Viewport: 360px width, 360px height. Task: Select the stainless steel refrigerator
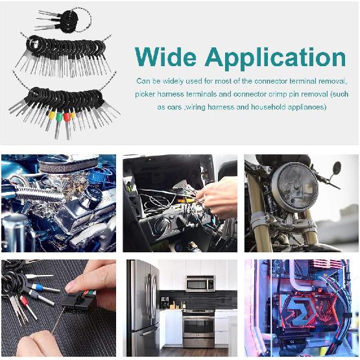[142, 307]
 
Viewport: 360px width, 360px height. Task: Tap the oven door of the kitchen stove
[198, 330]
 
